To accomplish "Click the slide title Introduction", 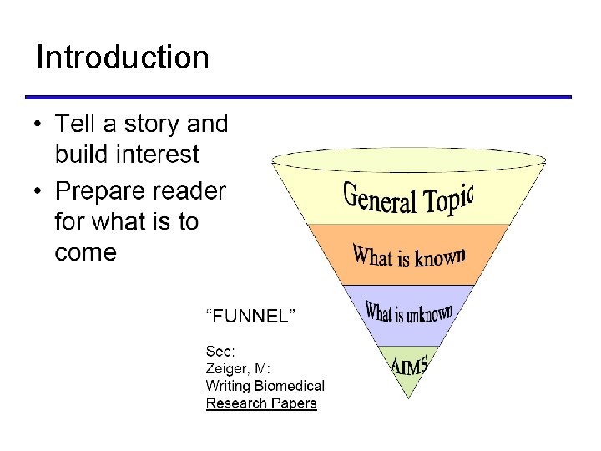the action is pos(123,58).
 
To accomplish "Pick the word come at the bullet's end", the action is pos(85,252).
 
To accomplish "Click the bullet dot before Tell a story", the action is pos(38,125).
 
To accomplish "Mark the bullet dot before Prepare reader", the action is pos(38,192).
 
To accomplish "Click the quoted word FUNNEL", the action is pos(251,316).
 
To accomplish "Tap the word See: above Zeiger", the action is pos(221,352).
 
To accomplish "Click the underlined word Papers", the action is pos(295,403).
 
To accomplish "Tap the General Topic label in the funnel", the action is pos(408,197).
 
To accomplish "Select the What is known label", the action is pos(408,256).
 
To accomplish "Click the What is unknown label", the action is pos(409,313).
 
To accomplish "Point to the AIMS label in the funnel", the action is pos(409,365).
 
